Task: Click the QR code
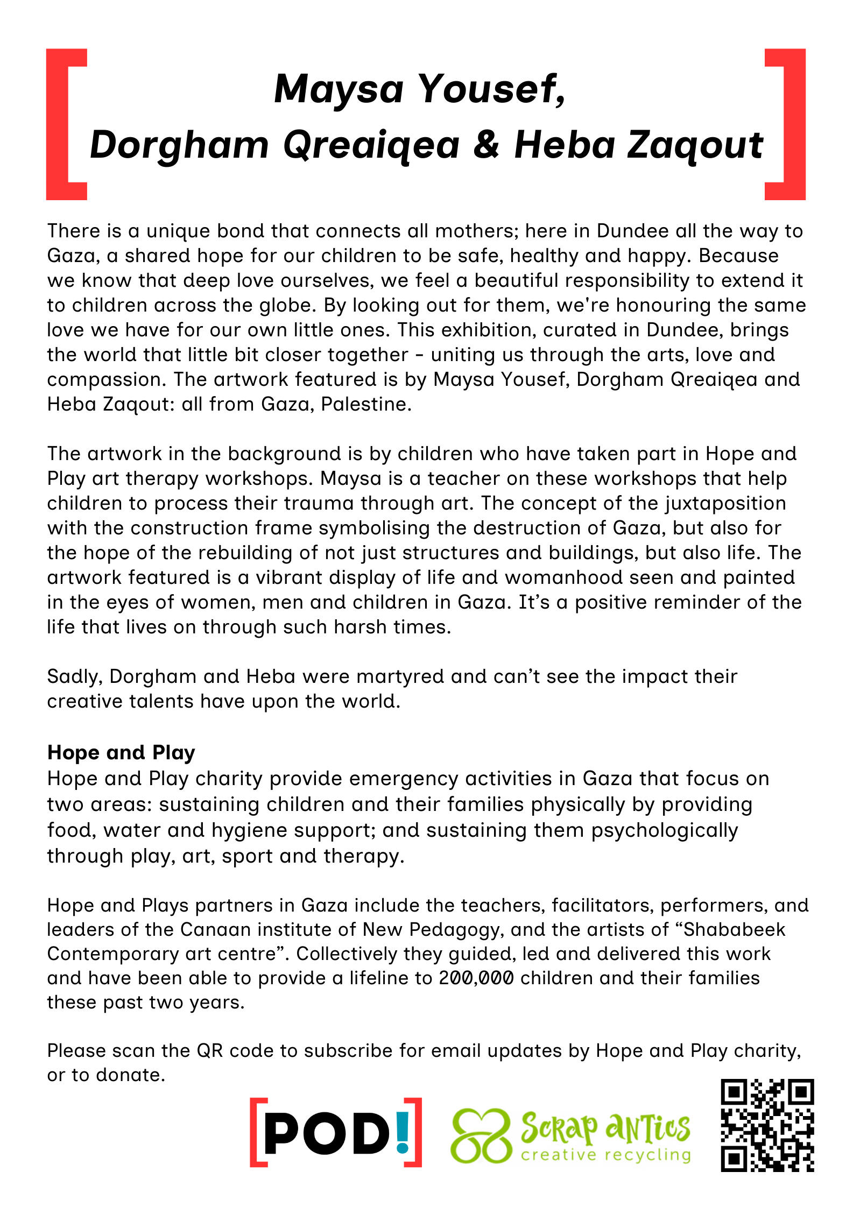coord(767,1125)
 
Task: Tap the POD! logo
coord(335,1132)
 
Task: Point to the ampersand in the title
coord(487,145)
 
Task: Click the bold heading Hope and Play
coord(121,752)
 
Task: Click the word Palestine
coord(366,404)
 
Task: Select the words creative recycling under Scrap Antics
coord(605,1155)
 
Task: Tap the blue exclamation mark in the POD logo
coord(401,1130)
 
